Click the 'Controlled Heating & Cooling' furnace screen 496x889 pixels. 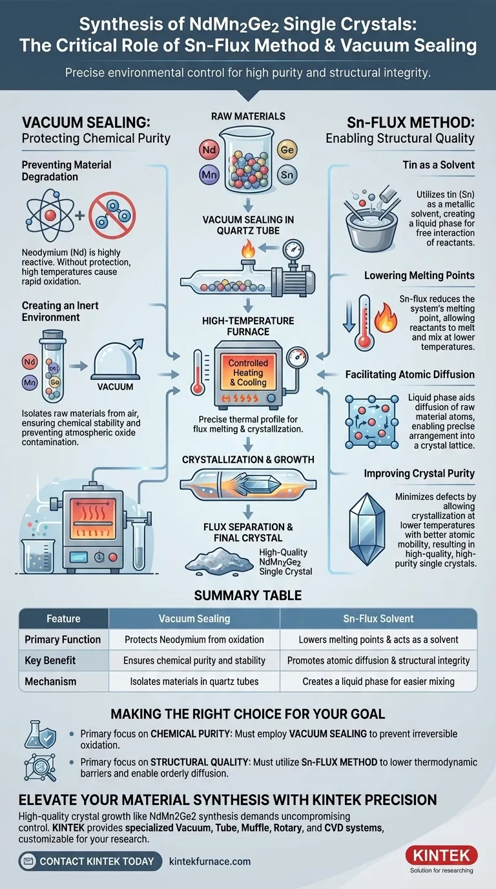248,373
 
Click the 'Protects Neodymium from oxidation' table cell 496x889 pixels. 194,640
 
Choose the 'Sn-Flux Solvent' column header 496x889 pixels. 378,618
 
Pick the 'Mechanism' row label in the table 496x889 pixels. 50,681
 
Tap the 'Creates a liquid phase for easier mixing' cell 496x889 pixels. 378,681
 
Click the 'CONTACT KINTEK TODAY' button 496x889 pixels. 90,861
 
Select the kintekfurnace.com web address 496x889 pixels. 209,861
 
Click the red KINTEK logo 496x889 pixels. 441,855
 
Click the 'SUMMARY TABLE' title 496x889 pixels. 248,594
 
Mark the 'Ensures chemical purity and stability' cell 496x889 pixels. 194,660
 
